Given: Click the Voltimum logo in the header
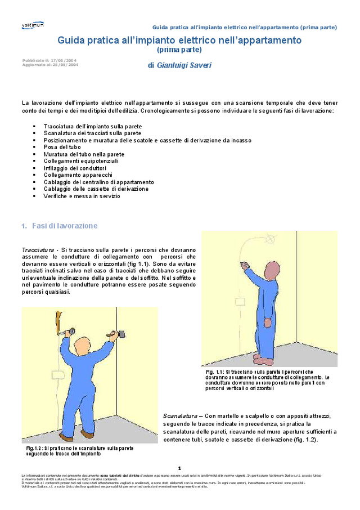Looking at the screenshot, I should coord(32,25).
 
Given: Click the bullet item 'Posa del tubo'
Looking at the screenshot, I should coord(62,147).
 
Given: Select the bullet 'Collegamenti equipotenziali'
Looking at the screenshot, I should coord(80,161).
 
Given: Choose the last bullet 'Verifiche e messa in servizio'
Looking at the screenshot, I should coord(82,196).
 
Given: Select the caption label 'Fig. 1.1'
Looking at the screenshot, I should coord(214,373).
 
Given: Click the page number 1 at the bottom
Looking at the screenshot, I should coord(179,468).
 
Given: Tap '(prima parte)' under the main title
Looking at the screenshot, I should coord(179,50).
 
